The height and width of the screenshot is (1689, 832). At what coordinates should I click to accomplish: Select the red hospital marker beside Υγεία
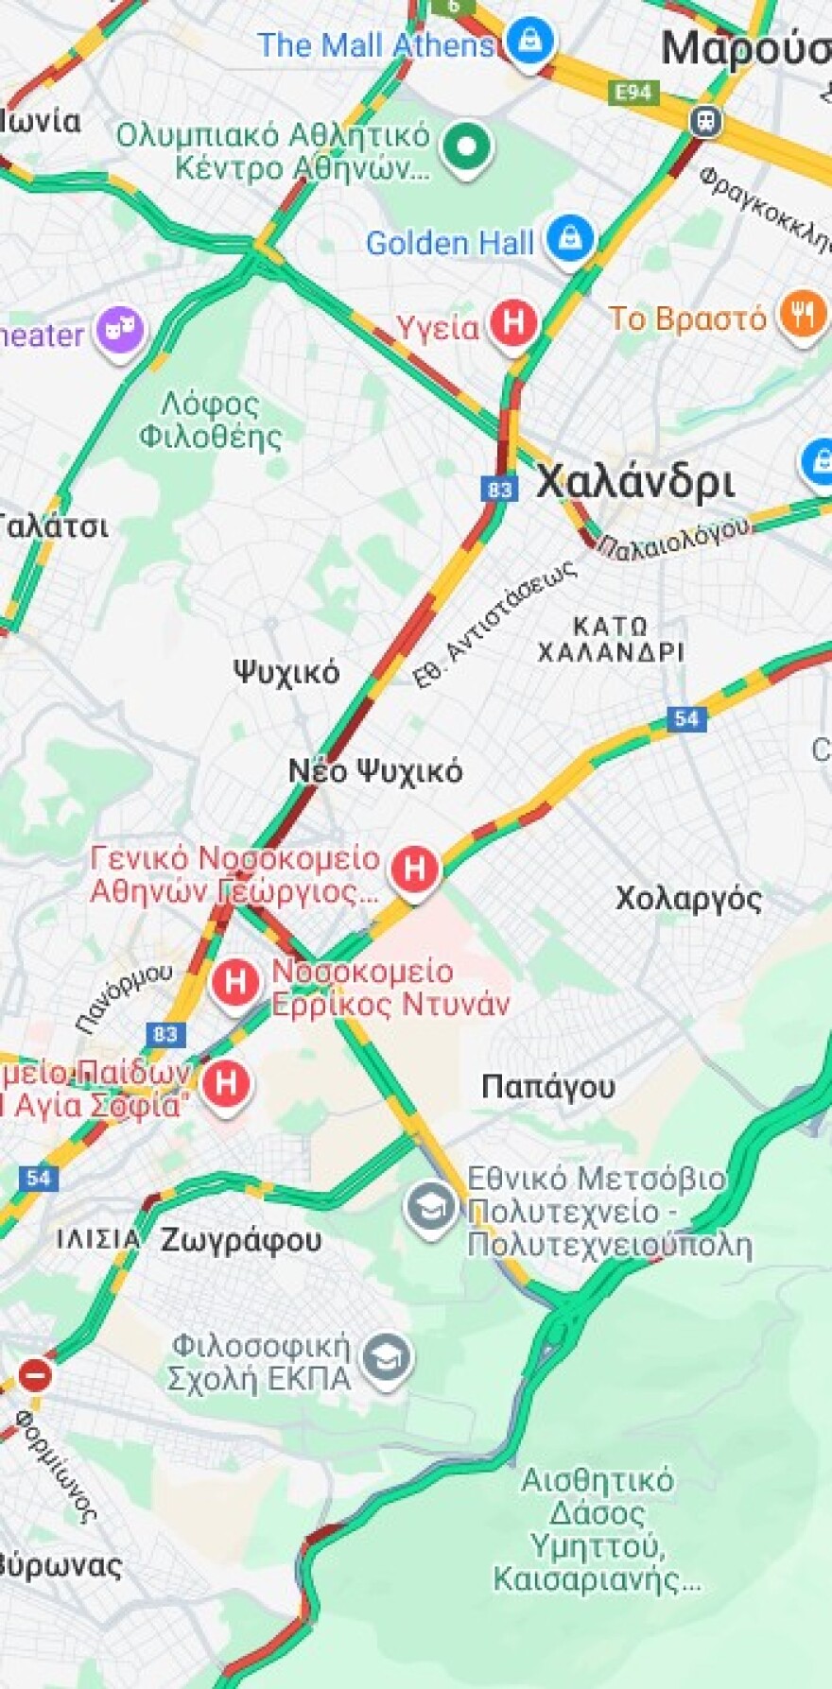(x=512, y=324)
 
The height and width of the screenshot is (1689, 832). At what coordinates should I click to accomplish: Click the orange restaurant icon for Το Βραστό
(x=802, y=316)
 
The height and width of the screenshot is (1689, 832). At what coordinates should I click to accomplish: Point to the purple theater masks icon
(x=121, y=332)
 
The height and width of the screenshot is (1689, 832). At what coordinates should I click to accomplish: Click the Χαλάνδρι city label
(x=634, y=482)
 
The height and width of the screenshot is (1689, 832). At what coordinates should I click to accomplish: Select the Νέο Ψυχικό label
(x=375, y=771)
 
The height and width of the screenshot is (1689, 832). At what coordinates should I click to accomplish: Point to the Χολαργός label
(x=688, y=897)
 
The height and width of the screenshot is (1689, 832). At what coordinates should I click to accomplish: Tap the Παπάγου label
(x=547, y=1087)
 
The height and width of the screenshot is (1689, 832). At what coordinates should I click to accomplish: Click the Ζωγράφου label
(x=241, y=1239)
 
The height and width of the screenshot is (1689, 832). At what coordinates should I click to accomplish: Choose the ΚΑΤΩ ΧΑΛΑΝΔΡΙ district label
(x=611, y=639)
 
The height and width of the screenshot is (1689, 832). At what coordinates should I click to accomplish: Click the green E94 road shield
(x=633, y=92)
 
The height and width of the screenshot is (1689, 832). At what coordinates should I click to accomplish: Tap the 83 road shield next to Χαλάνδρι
(x=499, y=489)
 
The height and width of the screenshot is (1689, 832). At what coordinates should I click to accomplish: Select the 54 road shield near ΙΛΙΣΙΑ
(x=38, y=1178)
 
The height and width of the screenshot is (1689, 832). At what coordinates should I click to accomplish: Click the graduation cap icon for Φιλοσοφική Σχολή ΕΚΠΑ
(x=388, y=1359)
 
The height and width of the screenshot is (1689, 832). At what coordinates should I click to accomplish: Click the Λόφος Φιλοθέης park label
(x=210, y=421)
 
